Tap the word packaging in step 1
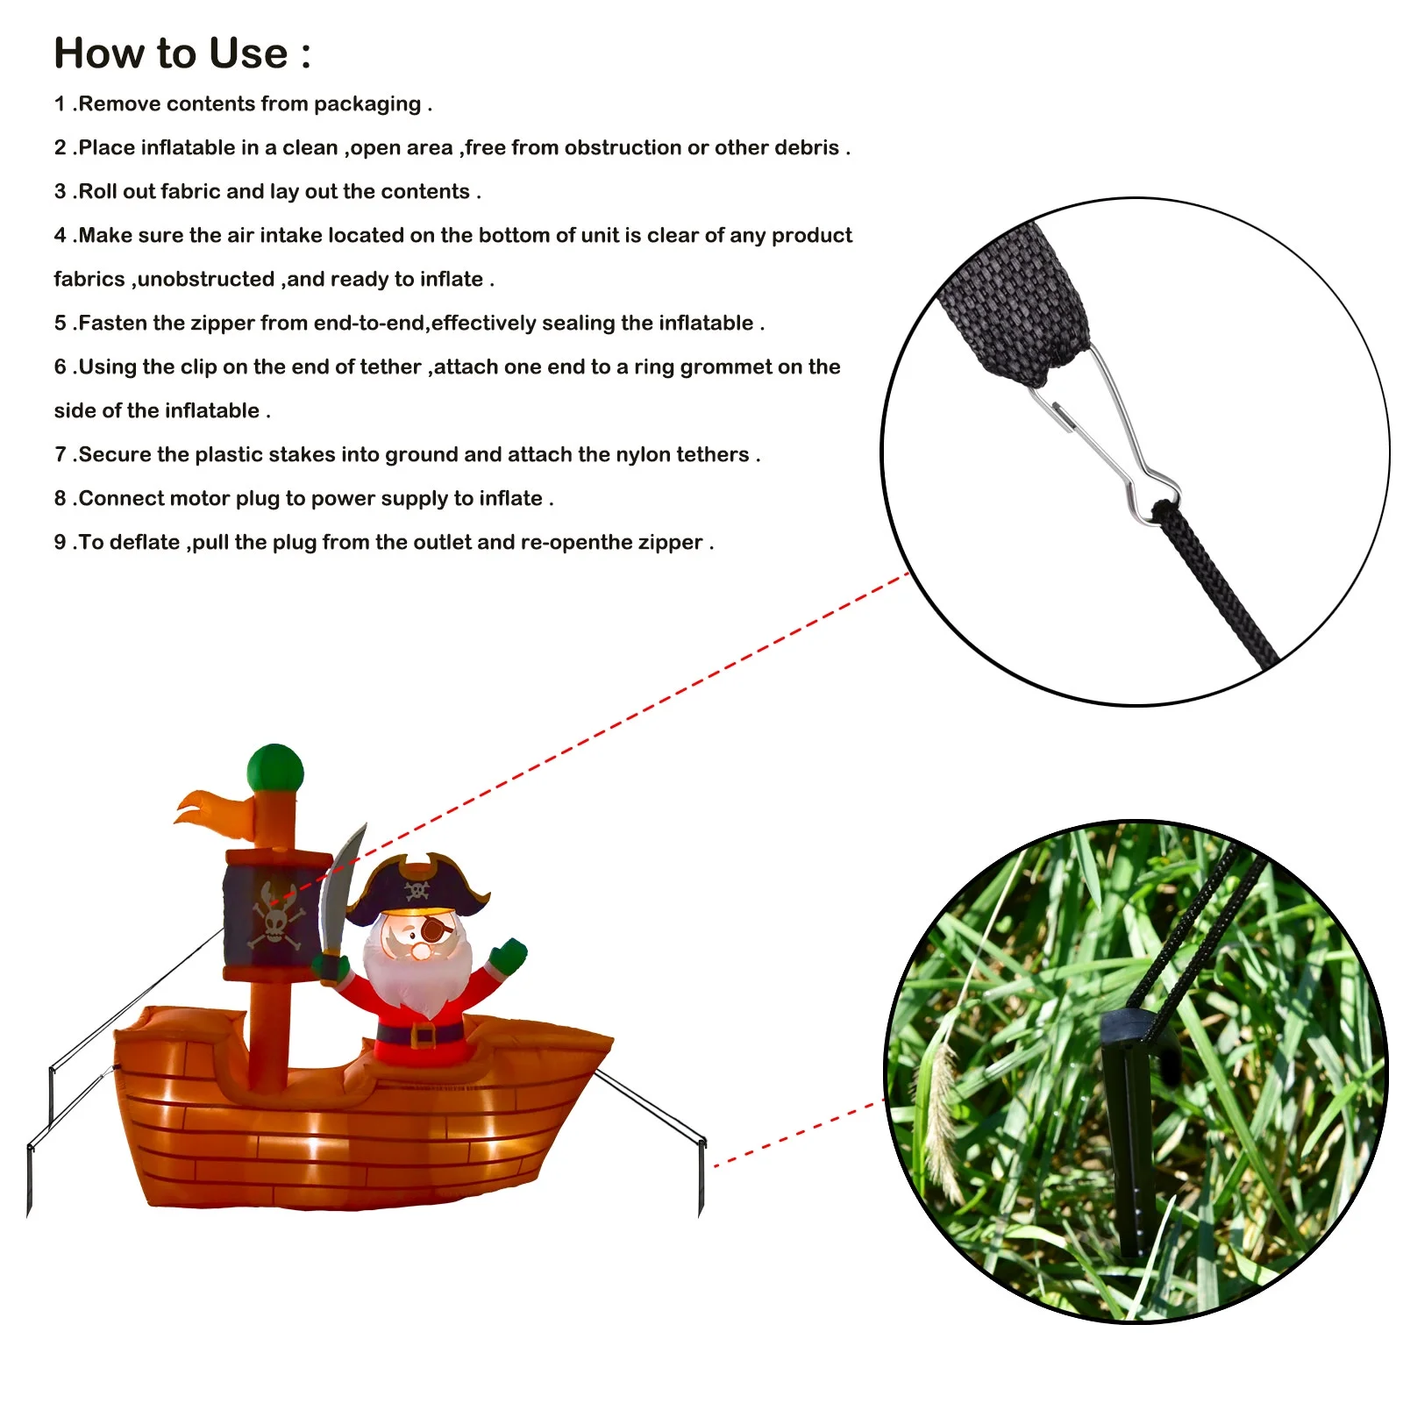coord(367,104)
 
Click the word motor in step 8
coord(198,498)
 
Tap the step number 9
coord(60,542)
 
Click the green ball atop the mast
coord(275,769)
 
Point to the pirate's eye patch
coord(435,929)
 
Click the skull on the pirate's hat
coord(416,891)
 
